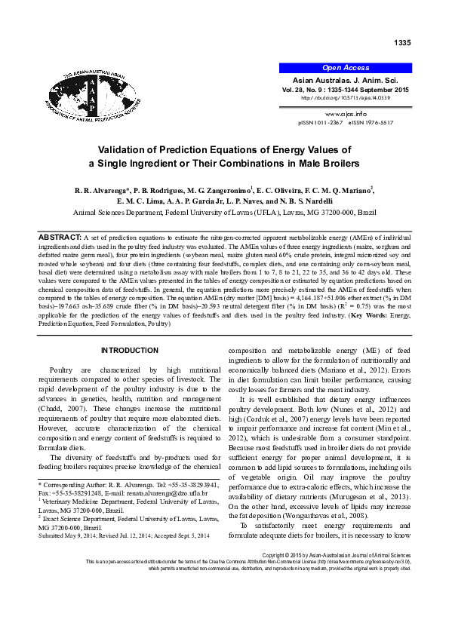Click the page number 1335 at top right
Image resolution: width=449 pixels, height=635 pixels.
click(402, 42)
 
